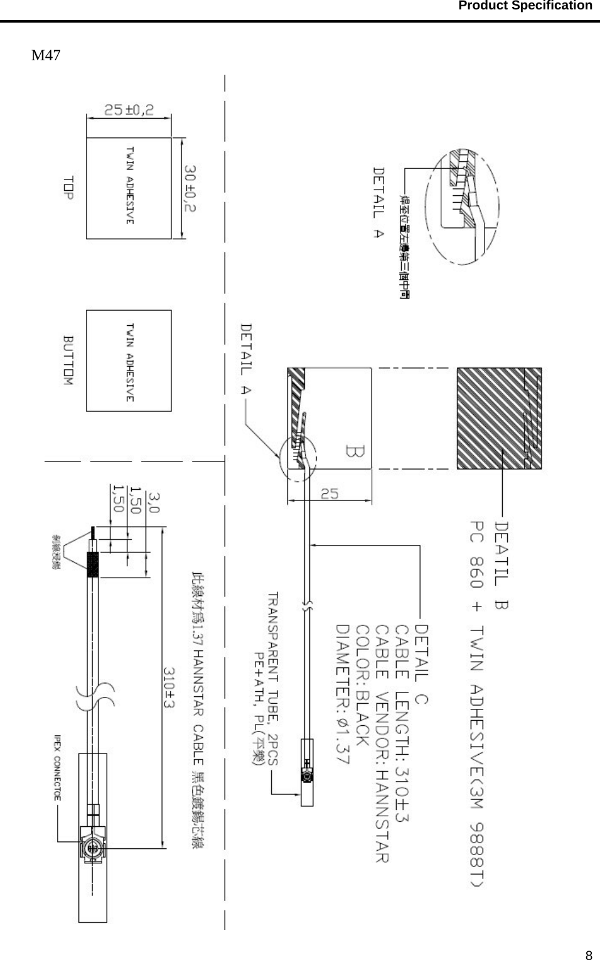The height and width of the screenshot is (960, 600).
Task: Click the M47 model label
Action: (46, 55)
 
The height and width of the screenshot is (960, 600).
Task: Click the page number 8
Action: (588, 956)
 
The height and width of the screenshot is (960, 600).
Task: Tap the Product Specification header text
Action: (525, 6)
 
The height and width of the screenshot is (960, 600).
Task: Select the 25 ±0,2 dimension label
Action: (129, 110)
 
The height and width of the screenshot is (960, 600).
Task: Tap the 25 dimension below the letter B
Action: (329, 494)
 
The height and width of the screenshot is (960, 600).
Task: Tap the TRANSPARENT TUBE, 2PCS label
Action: (274, 677)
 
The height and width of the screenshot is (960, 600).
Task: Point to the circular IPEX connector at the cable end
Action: (92, 848)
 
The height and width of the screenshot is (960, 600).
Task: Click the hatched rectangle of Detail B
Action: (499, 418)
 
